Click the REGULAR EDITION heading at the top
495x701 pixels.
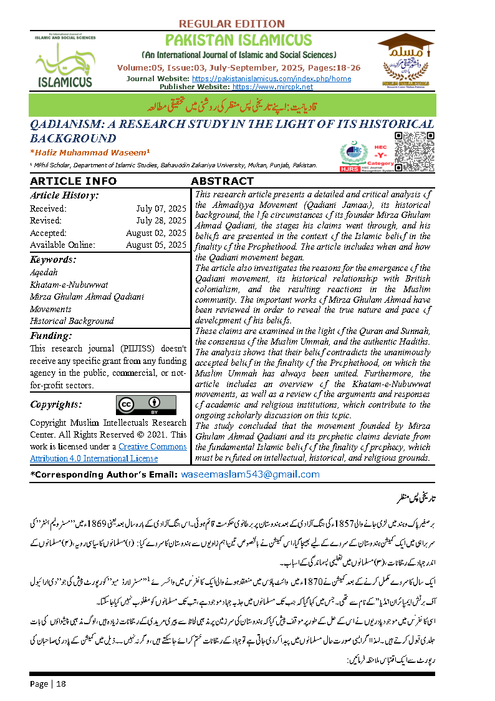tap(231, 24)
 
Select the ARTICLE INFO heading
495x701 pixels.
tap(73, 181)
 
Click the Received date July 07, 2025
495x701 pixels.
tap(161, 208)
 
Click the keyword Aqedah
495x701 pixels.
tap(44, 273)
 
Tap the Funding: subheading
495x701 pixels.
tap(51, 336)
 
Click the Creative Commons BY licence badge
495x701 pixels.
tap(146, 404)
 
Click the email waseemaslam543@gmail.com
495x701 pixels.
tap(250, 474)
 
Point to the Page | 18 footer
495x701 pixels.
tap(48, 684)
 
